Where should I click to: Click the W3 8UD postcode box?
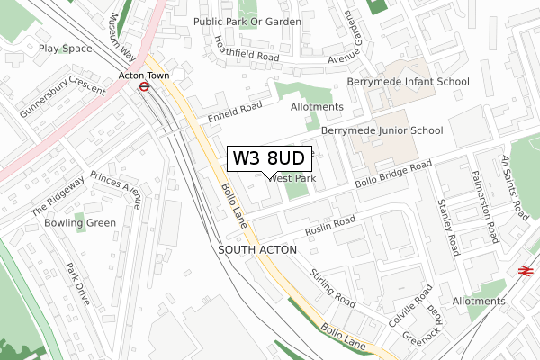click(270, 158)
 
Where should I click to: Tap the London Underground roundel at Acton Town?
click(143, 87)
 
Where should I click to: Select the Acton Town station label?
click(144, 76)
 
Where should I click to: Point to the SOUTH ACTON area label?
click(257, 247)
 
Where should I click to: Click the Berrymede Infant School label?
click(408, 82)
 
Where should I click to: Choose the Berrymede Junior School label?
click(395, 130)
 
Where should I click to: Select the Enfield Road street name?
click(234, 112)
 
